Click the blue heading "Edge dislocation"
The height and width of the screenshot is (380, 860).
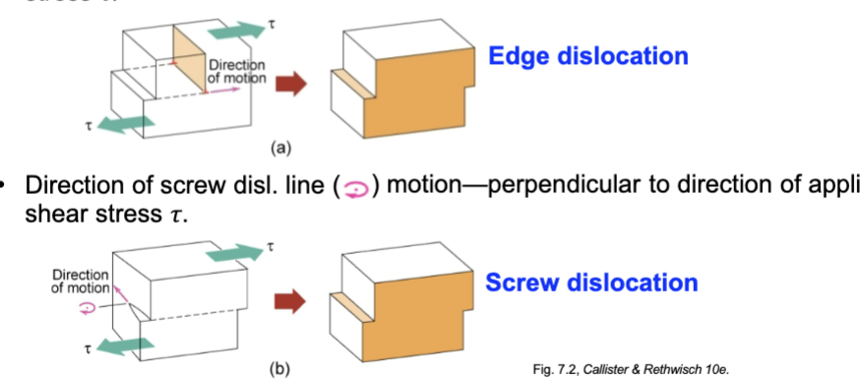pyautogui.click(x=587, y=55)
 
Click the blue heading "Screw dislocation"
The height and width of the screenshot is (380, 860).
pyautogui.click(x=591, y=283)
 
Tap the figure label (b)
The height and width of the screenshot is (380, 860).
pyautogui.click(x=280, y=370)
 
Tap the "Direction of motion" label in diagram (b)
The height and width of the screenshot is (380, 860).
pyautogui.click(x=73, y=279)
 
